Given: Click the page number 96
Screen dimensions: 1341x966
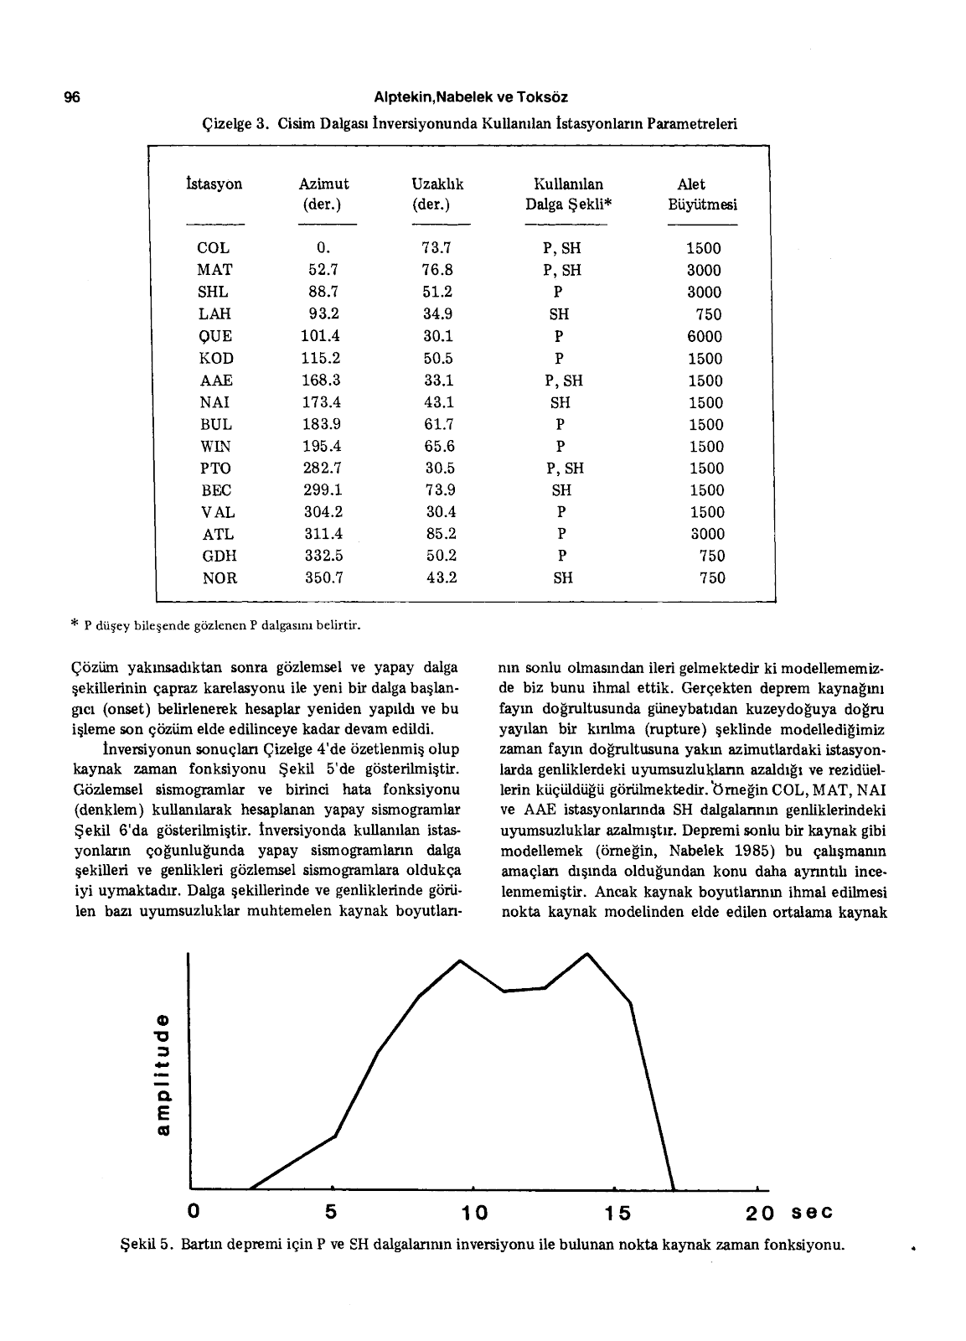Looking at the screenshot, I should click(x=71, y=97).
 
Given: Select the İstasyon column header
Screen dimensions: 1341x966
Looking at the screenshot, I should click(x=214, y=184).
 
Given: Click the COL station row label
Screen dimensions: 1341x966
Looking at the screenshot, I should click(x=214, y=248).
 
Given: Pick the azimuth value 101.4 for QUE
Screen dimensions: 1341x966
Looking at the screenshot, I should click(x=322, y=336).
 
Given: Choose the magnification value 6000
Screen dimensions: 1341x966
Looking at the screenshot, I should click(x=704, y=336).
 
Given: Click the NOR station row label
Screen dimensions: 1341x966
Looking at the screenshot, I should click(x=220, y=577).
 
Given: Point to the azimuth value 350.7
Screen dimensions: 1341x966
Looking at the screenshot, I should click(x=322, y=577).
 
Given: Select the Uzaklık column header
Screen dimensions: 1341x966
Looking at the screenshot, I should click(x=437, y=184).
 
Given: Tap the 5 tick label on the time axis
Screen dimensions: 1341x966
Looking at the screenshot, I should click(x=331, y=1212).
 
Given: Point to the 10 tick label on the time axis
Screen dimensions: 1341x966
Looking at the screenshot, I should click(x=475, y=1213).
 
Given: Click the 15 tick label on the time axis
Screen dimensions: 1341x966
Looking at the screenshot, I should click(x=617, y=1213).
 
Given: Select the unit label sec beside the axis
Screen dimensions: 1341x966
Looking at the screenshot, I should click(x=813, y=1213).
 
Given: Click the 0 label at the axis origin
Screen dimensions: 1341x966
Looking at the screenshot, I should click(x=194, y=1212).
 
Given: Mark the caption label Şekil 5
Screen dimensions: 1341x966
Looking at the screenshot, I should click(x=147, y=1244).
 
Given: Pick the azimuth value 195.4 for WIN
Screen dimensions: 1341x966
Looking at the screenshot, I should click(x=322, y=447).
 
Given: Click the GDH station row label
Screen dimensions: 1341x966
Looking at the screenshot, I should click(x=220, y=556).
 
